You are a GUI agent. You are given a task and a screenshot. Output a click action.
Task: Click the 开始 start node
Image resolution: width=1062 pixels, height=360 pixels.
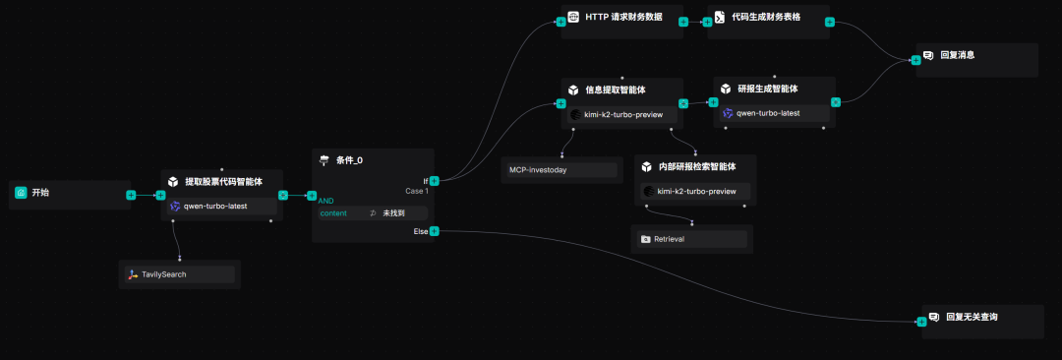[x=40, y=193]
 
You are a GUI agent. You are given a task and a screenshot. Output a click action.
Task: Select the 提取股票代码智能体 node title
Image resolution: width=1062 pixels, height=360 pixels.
[x=222, y=181]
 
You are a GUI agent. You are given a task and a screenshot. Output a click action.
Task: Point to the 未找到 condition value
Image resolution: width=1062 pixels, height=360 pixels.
[x=392, y=212]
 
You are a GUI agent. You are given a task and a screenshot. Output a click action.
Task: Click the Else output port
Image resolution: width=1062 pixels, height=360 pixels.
[x=434, y=231]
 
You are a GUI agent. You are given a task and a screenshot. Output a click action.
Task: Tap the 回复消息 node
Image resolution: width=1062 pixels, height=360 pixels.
[x=957, y=55]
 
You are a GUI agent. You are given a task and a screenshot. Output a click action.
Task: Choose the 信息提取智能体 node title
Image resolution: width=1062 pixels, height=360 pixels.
[x=616, y=90]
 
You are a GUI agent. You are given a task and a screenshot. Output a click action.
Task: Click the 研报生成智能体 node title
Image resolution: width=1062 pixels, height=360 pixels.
[x=768, y=89]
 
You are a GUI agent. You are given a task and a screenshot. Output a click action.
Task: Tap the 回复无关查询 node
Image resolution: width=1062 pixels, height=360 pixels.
[x=971, y=317]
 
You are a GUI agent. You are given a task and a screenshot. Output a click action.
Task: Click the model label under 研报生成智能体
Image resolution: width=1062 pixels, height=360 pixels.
[x=768, y=113]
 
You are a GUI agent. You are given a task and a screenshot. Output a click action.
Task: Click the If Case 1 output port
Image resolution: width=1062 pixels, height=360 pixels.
[x=434, y=181]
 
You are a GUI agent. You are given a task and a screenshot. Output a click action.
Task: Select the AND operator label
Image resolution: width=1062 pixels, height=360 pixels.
[x=325, y=201]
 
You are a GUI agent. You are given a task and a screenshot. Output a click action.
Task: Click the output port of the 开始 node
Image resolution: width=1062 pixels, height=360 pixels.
[x=131, y=195]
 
